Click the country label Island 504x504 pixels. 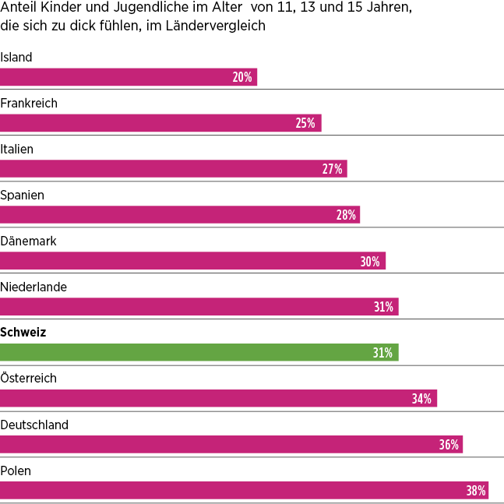click(16, 57)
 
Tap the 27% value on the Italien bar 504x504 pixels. click(332, 169)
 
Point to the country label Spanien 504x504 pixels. click(22, 195)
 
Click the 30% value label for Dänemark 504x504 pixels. click(370, 262)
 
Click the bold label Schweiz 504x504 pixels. click(23, 333)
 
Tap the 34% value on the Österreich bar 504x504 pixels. click(421, 399)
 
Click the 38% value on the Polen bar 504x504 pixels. click(476, 491)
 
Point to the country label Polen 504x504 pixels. click(16, 471)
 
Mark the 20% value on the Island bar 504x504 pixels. click(242, 77)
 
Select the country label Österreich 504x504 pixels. click(28, 379)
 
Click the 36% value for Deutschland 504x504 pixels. click(448, 445)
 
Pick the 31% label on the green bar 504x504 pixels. click(382, 353)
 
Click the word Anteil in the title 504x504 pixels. click(17, 8)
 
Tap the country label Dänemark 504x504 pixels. click(28, 241)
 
